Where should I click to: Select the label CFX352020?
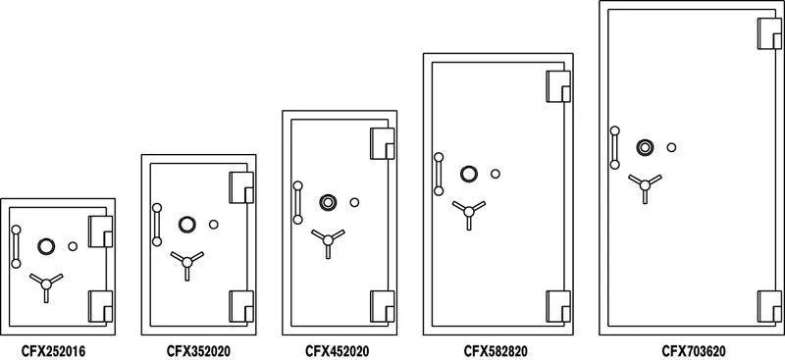[x=198, y=348]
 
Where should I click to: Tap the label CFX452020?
[x=337, y=348]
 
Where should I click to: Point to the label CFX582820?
[x=497, y=348]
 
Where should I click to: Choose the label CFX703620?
[x=694, y=348]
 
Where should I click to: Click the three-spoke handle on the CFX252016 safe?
[x=44, y=285]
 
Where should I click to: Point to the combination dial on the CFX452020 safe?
[x=328, y=203]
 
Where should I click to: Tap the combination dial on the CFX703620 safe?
[x=645, y=148]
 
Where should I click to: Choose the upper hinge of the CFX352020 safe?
[x=241, y=186]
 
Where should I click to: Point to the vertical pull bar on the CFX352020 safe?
[x=156, y=224]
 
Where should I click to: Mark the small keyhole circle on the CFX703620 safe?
[x=672, y=148]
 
